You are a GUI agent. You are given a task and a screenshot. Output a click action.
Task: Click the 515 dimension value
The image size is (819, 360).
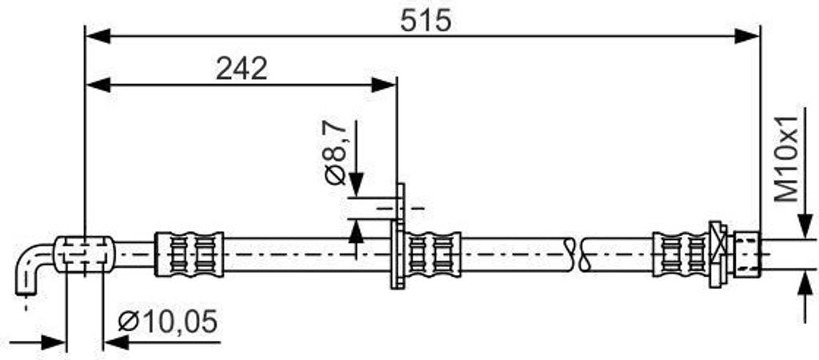[x=425, y=22]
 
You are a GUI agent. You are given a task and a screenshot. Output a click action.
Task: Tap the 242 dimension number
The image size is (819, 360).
[x=242, y=69]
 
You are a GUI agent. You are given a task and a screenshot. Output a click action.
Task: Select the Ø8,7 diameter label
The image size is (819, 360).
[x=336, y=152]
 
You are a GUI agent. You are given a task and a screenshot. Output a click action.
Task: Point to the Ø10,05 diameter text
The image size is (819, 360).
[x=168, y=322]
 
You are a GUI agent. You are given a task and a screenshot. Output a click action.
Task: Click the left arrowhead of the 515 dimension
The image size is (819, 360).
[x=98, y=36]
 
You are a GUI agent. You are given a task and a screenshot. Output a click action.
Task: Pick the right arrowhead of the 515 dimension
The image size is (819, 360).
[x=747, y=36]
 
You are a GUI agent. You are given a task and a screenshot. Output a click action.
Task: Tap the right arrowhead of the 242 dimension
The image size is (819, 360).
[x=384, y=84]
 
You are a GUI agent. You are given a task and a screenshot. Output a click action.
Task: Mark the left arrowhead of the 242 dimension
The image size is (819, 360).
[x=98, y=84]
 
